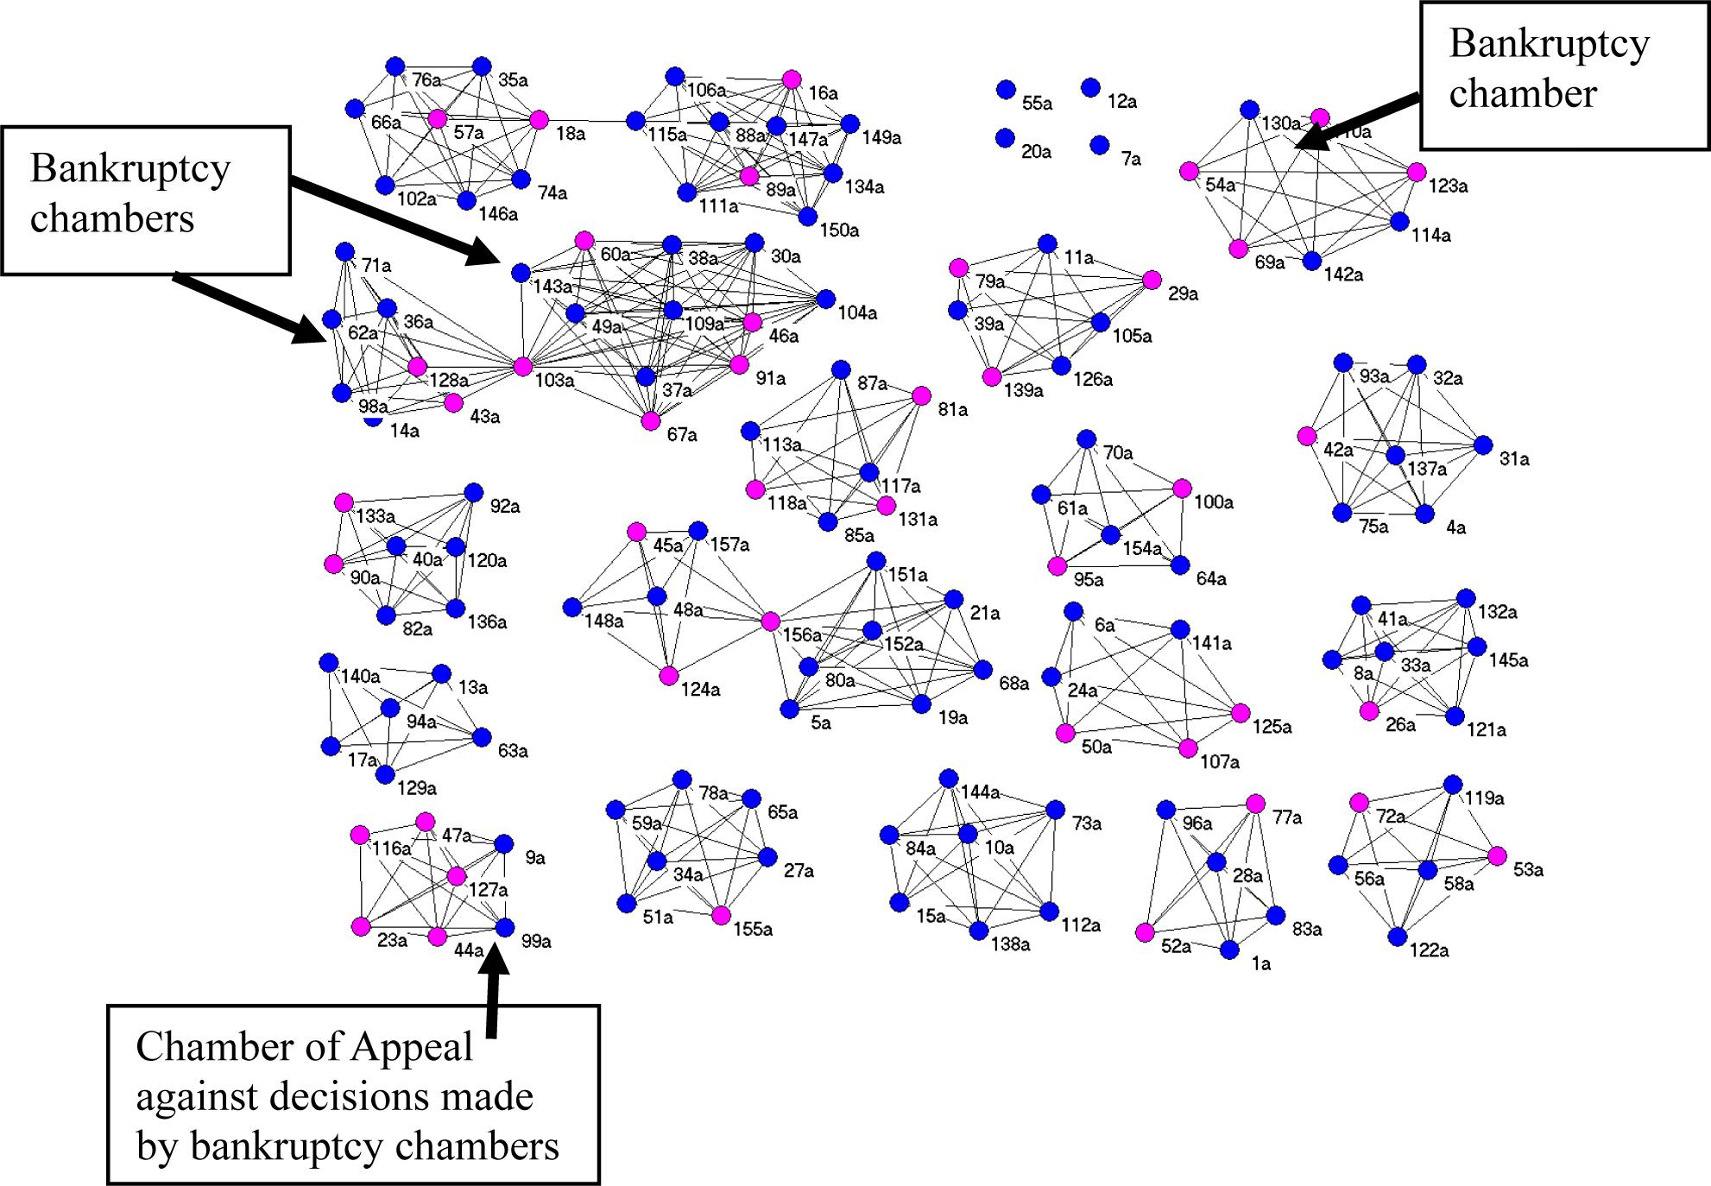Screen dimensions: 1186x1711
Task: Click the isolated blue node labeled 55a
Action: [x=1006, y=90]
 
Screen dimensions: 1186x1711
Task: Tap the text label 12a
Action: [x=1122, y=102]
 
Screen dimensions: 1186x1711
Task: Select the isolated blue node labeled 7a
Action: [x=1099, y=145]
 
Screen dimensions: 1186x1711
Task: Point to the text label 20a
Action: [x=1036, y=152]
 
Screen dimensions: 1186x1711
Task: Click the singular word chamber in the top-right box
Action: [x=1523, y=93]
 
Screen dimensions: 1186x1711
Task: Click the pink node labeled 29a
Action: [x=1152, y=280]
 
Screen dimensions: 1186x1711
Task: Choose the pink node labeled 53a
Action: [x=1497, y=856]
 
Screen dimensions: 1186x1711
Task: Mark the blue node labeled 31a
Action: [x=1483, y=445]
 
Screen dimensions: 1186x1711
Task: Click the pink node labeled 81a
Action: [x=922, y=396]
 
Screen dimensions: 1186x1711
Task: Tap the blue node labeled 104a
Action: [x=825, y=300]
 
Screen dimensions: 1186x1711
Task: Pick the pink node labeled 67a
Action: [x=651, y=421]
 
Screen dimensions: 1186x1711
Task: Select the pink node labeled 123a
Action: [x=1417, y=173]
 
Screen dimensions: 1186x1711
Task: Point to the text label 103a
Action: [x=554, y=381]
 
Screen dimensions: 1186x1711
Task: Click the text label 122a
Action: [x=1429, y=950]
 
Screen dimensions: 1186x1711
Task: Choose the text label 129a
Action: [x=416, y=788]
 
